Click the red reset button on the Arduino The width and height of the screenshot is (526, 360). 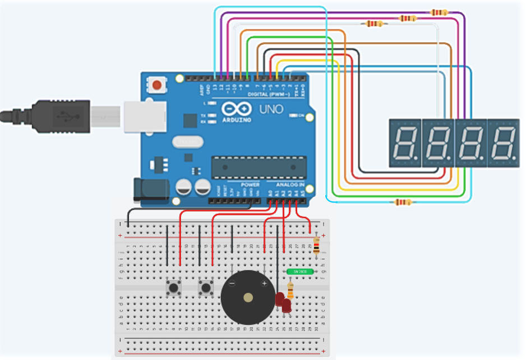[157, 86]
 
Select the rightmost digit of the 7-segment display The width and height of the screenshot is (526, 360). [503, 142]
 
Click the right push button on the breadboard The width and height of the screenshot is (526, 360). [206, 288]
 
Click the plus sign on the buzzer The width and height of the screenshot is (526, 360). [264, 284]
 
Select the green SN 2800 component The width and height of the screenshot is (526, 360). [299, 271]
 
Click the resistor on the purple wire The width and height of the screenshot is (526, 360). [439, 12]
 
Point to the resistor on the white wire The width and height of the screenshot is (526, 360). [374, 24]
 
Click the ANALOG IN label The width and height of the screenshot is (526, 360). [290, 184]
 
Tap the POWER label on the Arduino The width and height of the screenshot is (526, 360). [250, 184]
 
